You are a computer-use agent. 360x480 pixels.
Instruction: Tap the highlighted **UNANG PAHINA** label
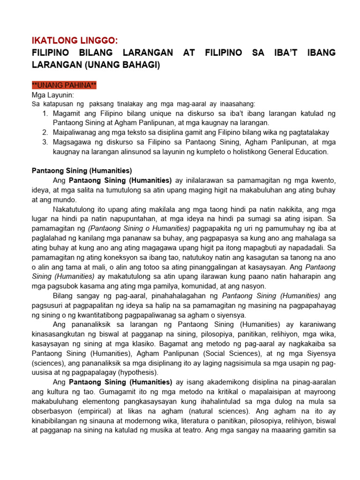tap(64, 85)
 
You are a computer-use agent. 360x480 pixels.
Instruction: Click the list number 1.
tap(45, 114)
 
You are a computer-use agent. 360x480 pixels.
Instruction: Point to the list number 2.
tap(45, 133)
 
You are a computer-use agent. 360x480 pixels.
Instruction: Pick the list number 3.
tap(45, 142)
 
